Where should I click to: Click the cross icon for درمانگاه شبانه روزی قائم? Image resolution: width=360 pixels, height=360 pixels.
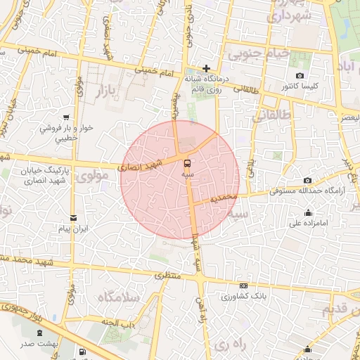click(206, 68)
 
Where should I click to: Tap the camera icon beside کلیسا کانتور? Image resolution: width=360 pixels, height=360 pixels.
click(300, 76)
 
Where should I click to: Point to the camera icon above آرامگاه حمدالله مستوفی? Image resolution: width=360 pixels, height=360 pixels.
click(308, 181)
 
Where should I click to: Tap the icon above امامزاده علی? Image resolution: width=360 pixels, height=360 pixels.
click(308, 213)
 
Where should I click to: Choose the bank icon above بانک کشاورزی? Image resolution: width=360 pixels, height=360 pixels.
click(243, 285)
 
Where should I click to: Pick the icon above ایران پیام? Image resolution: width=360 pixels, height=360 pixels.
click(74, 217)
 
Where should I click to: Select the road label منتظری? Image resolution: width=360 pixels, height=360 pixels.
click(167, 276)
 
